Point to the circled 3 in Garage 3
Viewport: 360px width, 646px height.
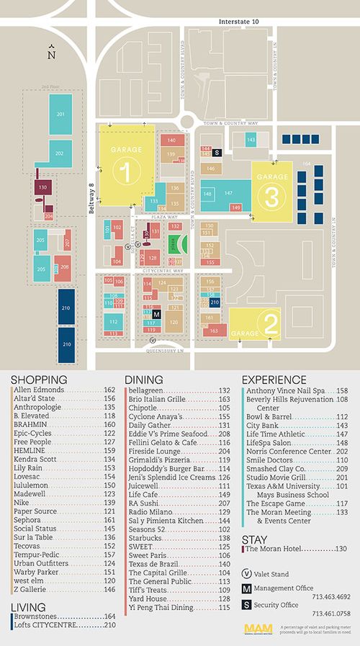pos(272,196)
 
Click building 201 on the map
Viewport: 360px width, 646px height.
pos(60,115)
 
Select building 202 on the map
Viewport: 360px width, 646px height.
pos(59,153)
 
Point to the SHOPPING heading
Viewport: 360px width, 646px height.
pos(40,380)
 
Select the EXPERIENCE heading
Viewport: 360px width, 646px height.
pos(274,380)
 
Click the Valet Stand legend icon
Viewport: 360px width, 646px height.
pos(246,575)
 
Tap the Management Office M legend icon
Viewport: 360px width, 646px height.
pos(246,590)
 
